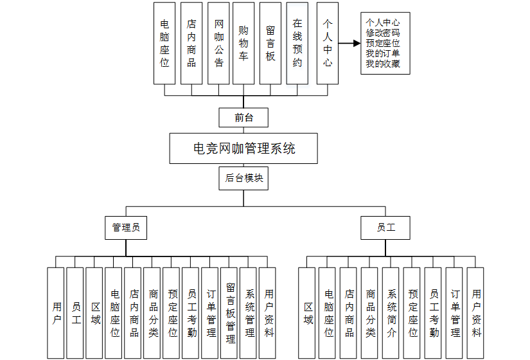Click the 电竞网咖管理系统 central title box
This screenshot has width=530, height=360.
coord(243,148)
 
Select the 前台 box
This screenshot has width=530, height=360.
coord(243,118)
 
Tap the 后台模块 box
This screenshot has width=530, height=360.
coord(243,178)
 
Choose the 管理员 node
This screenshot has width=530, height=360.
coord(126,227)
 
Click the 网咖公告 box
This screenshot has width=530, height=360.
coord(218,44)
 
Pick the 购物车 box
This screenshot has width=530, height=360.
coord(243,44)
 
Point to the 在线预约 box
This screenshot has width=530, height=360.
coord(297,44)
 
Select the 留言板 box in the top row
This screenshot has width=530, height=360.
coord(270,44)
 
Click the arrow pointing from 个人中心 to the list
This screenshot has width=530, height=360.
coord(348,44)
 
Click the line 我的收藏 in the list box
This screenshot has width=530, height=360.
coord(383,63)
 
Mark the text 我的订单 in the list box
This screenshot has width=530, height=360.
coord(383,53)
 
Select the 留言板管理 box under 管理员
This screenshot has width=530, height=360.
coord(230,313)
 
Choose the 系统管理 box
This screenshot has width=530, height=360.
coord(249,313)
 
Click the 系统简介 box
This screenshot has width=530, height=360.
coord(392,313)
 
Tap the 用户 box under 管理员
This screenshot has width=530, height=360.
coord(57,313)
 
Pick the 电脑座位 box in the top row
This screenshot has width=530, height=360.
coord(164,44)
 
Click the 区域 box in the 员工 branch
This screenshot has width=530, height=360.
coord(308,313)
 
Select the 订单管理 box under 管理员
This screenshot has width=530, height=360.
coord(211,313)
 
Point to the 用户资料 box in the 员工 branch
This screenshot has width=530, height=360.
coord(476,313)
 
